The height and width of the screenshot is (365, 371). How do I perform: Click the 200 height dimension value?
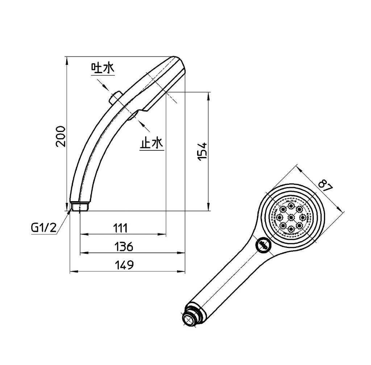point(61,136)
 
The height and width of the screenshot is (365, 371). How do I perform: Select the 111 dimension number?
point(120,228)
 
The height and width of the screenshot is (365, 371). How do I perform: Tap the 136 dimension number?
point(124,247)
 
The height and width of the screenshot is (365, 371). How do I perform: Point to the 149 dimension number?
point(124,265)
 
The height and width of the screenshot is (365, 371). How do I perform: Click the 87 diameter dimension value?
point(325,184)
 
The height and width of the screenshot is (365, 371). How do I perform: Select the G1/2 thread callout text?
point(44,228)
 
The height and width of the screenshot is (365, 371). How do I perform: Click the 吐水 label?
point(103,68)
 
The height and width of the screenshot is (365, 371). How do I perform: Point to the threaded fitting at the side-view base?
point(80,207)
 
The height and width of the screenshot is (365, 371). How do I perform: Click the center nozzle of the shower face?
point(291,217)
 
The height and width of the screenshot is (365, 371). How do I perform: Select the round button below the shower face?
point(263,245)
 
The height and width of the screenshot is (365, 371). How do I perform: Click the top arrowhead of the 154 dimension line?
point(209,95)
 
